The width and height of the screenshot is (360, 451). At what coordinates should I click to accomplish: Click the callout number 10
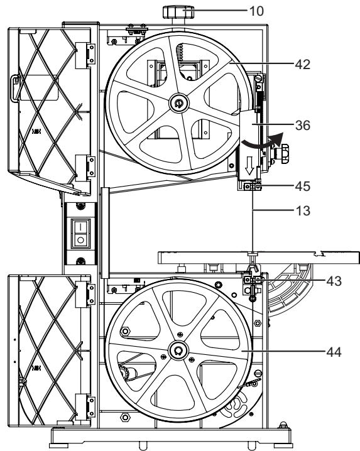256,11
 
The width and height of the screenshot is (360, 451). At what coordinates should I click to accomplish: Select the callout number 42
302,65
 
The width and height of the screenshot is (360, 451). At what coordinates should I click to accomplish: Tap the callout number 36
303,126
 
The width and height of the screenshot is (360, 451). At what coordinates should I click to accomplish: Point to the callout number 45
303,187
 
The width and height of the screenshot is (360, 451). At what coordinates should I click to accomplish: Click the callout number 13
303,211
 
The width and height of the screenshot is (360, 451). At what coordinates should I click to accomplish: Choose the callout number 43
334,281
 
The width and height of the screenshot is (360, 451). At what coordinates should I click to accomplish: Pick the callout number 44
334,352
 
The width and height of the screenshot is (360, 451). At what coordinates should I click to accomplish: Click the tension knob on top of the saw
178,12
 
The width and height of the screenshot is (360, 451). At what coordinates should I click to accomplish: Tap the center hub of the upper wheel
179,103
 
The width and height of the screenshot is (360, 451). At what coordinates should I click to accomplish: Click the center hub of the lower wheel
178,350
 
